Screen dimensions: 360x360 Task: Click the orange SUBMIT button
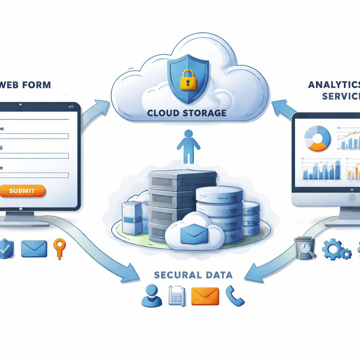[22, 191]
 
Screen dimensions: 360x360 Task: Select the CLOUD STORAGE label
[186, 113]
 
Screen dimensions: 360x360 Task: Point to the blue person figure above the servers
[189, 146]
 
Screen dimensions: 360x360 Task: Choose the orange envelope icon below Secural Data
[205, 296]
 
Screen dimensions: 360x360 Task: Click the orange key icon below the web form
[59, 247]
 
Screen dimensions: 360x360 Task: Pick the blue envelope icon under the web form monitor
[34, 249]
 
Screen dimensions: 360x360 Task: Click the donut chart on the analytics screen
[317, 139]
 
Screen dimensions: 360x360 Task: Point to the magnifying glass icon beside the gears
[305, 248]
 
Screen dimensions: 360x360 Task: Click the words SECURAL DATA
[193, 275]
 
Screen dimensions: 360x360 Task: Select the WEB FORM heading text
[25, 85]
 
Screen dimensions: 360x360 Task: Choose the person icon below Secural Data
[152, 296]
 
